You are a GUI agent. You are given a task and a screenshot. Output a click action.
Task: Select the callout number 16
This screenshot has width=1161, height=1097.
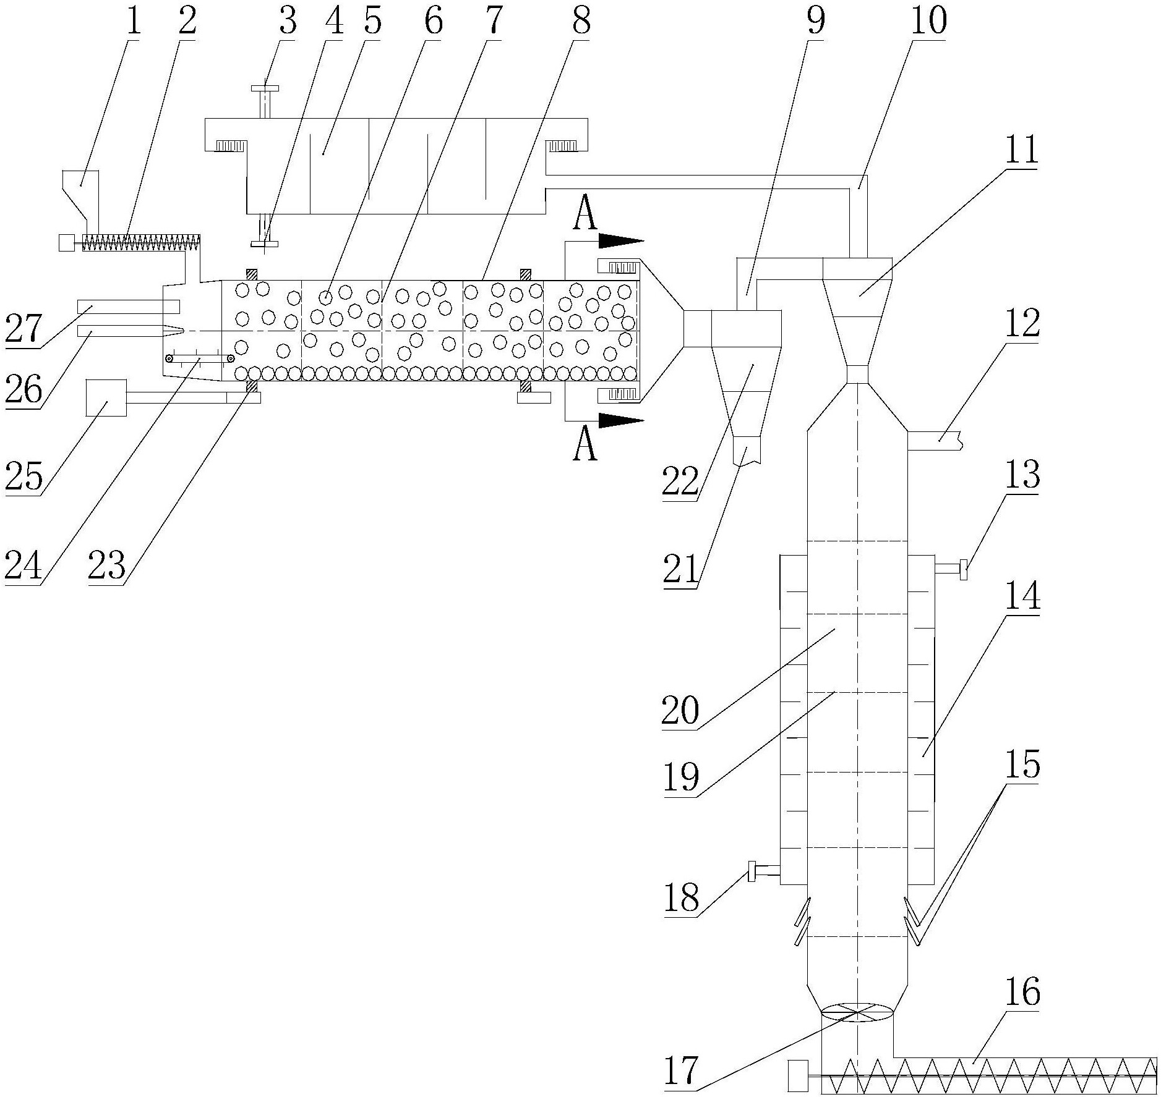(x=1022, y=993)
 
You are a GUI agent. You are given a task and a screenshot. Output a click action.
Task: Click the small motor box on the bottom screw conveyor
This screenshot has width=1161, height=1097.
(x=799, y=1075)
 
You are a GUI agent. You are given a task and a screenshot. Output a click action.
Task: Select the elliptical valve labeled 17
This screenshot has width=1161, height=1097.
(x=857, y=1012)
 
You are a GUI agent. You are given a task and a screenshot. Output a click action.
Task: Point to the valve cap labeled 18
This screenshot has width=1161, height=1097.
(x=752, y=871)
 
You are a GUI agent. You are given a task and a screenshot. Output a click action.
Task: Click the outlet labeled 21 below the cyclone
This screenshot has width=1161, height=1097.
(x=746, y=451)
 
